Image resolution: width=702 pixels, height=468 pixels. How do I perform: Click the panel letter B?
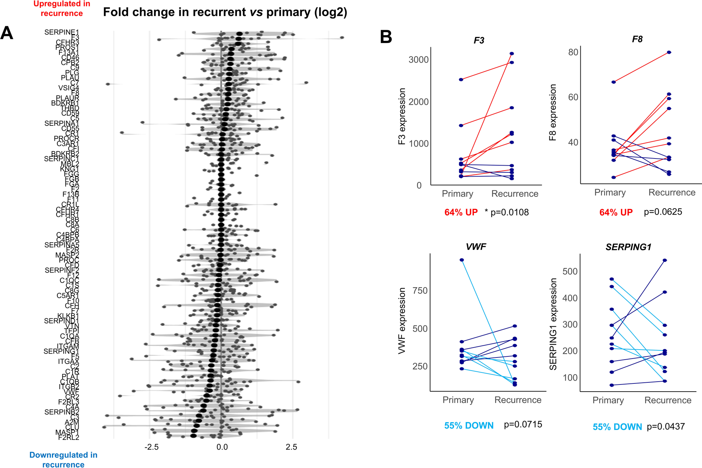(x=386, y=37)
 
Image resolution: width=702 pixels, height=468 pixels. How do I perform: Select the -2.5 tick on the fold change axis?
(x=151, y=447)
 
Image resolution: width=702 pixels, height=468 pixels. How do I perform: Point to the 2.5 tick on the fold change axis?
(x=291, y=447)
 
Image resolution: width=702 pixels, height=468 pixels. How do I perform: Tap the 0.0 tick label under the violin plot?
(x=222, y=447)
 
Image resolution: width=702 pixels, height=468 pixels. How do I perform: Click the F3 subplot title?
(x=479, y=41)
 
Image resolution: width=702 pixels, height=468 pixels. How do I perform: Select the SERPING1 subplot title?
(x=628, y=247)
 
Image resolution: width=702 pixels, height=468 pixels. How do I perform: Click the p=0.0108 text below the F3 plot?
(x=509, y=213)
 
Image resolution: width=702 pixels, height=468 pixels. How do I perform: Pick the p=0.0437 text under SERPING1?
(x=665, y=426)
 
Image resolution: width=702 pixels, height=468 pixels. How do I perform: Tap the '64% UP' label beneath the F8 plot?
(x=616, y=213)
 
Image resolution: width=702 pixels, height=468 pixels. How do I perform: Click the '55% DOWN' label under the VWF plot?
(x=469, y=426)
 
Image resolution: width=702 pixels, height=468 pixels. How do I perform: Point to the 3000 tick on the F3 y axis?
(x=418, y=60)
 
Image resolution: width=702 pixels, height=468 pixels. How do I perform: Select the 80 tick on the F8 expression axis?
(x=573, y=52)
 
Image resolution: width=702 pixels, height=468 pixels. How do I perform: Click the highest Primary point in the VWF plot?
(x=462, y=260)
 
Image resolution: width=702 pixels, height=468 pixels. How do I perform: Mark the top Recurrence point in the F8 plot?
(x=669, y=52)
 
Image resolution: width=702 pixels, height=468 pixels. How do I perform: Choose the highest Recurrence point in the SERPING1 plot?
(x=665, y=260)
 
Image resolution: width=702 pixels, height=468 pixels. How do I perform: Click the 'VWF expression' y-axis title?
(x=402, y=321)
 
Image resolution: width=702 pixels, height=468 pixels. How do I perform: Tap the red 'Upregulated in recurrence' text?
(x=62, y=9)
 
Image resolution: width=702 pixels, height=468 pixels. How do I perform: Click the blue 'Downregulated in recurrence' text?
(x=63, y=460)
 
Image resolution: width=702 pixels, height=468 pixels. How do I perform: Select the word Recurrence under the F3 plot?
(x=514, y=194)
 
